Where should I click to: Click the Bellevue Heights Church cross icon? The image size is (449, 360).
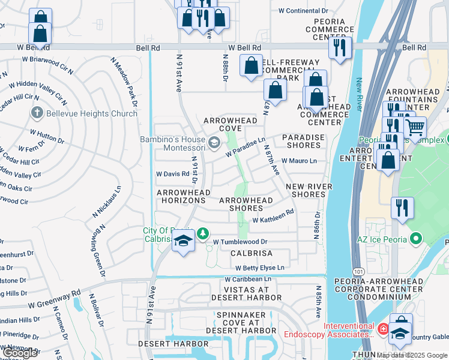click(x=37, y=113)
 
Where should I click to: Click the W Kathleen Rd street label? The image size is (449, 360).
click(x=273, y=220)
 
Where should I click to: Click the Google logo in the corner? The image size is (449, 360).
click(x=20, y=353)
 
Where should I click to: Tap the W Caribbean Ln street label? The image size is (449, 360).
click(x=248, y=279)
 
